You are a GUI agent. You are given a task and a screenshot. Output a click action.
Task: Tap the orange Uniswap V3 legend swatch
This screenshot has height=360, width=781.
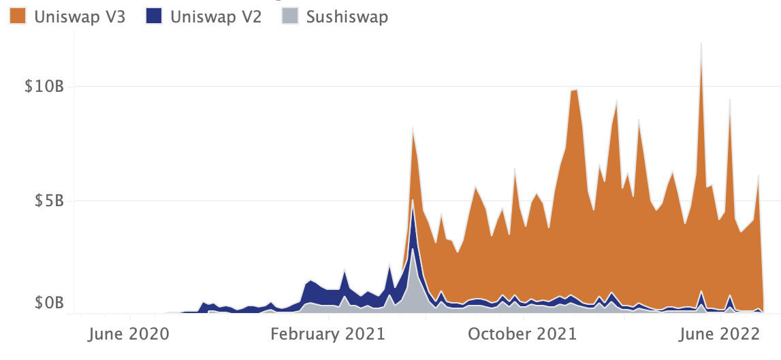pos(18,16)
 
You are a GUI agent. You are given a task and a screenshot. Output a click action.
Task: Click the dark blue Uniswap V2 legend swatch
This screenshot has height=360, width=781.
pos(154,16)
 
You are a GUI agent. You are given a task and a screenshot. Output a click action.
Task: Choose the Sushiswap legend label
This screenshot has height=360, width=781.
pos(347,16)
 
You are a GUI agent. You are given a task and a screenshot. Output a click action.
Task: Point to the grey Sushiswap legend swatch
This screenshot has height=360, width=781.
pos(290,16)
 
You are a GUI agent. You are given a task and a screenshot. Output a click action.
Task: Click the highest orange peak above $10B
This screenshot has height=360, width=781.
pos(701,45)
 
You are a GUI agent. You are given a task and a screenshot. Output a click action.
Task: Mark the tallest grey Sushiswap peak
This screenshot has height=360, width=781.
pos(413,249)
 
